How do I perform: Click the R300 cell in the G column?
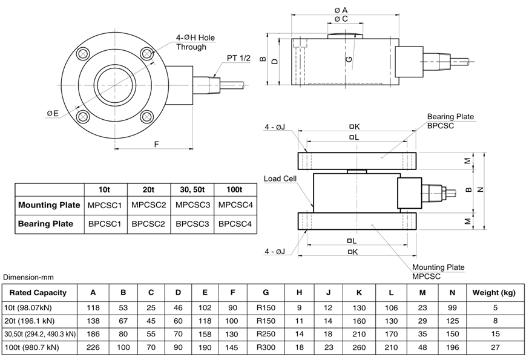coord(266,347)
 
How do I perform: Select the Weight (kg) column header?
coord(494,292)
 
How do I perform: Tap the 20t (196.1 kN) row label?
coord(30,321)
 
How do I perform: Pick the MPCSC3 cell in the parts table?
coord(192,205)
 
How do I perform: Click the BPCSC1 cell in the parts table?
coord(105,224)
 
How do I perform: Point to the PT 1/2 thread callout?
coord(238,58)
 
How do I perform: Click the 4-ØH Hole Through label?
coord(195,42)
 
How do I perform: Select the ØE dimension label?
coord(53,113)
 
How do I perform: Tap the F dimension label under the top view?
coord(156,144)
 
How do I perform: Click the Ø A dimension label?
coord(341,10)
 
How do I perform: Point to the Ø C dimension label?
coord(341,19)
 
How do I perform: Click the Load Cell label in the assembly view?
coord(280,179)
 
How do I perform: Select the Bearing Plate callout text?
coord(450,117)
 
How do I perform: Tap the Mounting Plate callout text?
coord(438,267)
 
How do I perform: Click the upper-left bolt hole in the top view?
coord(83,54)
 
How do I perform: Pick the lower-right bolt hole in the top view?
coord(146,117)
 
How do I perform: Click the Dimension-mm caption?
coord(28,277)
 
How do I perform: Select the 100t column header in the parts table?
coord(234,189)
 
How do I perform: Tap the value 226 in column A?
coord(93,347)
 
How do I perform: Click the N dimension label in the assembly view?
coord(480,190)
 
